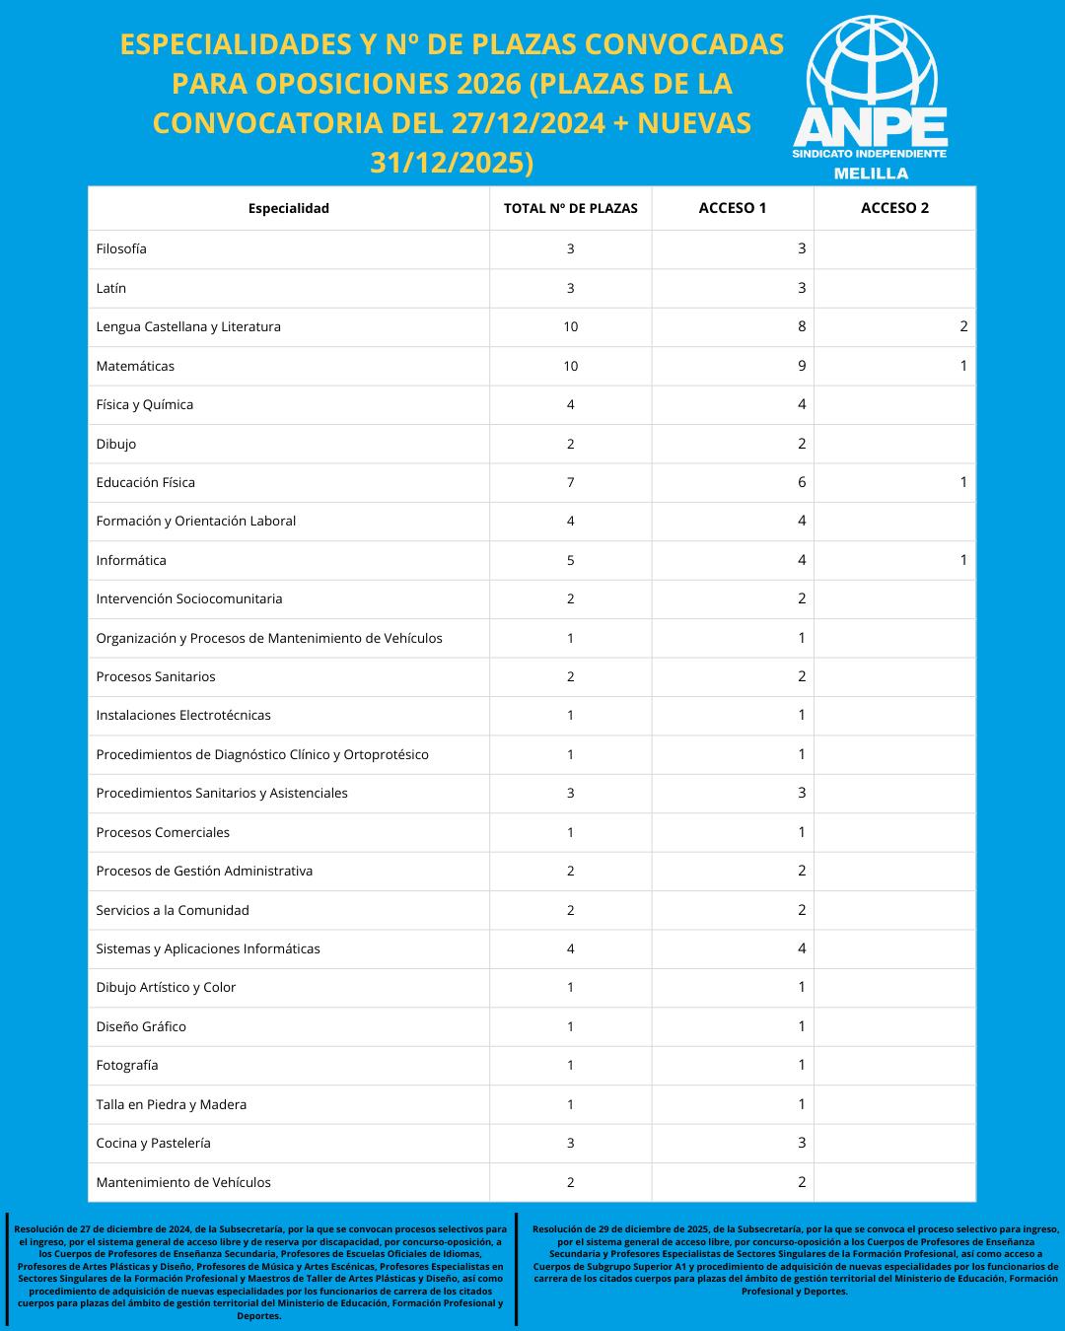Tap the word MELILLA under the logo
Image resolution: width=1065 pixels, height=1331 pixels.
[871, 174]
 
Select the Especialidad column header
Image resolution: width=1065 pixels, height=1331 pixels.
[288, 208]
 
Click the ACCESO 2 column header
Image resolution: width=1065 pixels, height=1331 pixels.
[894, 208]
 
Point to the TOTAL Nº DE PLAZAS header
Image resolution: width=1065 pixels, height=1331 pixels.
[570, 208]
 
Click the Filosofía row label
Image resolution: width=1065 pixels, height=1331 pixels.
[121, 248]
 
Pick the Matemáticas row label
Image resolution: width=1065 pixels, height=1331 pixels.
[135, 366]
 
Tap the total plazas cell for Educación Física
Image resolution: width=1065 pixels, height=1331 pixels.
[570, 482]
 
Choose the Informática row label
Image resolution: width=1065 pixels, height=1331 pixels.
[131, 560]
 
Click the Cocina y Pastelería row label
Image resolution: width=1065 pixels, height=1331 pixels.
[153, 1143]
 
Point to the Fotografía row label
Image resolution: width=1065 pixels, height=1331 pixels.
[127, 1065]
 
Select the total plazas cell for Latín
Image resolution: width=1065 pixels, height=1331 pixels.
[570, 288]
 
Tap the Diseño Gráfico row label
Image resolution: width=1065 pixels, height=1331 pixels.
[141, 1026]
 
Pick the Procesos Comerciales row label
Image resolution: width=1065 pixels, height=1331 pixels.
[163, 832]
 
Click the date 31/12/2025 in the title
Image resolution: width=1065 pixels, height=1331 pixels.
[452, 162]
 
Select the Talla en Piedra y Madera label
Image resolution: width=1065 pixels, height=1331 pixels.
[171, 1104]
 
